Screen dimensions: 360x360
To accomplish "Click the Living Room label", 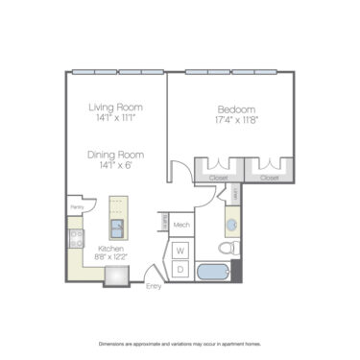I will [115, 107].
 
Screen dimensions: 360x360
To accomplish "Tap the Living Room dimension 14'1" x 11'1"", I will [115, 118].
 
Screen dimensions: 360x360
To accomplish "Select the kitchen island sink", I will [117, 228].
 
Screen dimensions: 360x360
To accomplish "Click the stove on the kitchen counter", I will [73, 236].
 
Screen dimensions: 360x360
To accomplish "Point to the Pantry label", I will [75, 205].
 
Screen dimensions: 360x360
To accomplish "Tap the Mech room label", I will [180, 226].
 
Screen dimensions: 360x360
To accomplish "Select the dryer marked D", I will [180, 269].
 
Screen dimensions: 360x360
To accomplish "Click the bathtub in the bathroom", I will [213, 271].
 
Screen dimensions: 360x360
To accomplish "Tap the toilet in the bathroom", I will [227, 249].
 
